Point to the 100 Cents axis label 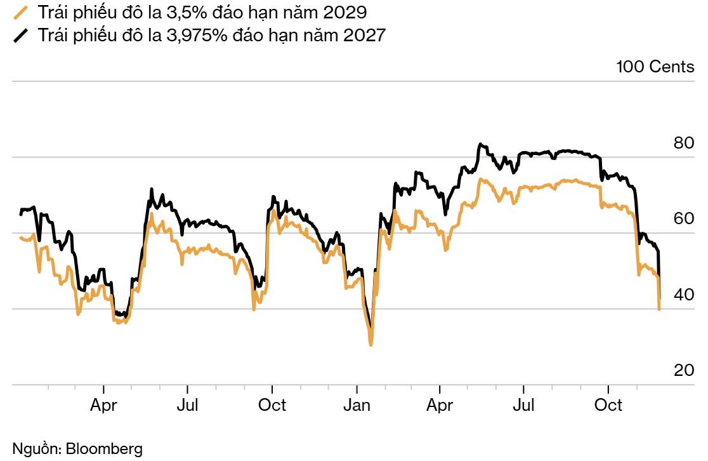[x=655, y=67]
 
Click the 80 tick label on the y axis [x=684, y=143]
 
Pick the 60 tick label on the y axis [x=684, y=219]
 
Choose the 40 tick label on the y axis [x=684, y=295]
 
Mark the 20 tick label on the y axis [x=684, y=371]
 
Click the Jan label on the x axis [x=357, y=405]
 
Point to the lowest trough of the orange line [x=370, y=345]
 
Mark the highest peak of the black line [x=481, y=144]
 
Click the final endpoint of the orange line [x=660, y=309]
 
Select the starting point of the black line [x=20, y=215]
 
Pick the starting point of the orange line [x=20, y=237]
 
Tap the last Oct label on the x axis [x=608, y=405]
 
